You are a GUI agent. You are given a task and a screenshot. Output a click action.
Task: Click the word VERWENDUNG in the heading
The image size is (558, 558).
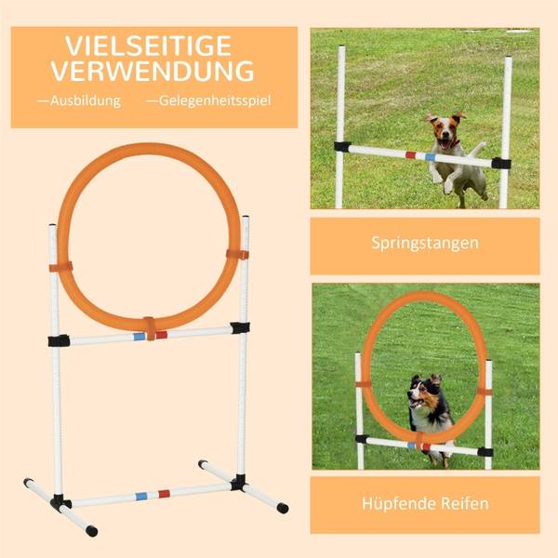153,72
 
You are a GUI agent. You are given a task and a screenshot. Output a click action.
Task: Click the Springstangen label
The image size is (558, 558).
424,244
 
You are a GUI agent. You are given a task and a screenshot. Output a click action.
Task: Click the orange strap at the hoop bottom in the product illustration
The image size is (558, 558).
149,327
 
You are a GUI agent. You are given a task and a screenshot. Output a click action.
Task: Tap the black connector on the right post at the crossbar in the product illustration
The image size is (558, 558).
241,327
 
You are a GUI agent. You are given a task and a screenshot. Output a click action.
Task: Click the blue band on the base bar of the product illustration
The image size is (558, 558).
141,496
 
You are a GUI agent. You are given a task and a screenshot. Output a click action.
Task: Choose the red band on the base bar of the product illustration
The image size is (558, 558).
164,493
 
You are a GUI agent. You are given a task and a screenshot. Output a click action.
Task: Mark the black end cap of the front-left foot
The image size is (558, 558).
90,531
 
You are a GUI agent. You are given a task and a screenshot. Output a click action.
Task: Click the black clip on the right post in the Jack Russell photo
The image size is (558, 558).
501,163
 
